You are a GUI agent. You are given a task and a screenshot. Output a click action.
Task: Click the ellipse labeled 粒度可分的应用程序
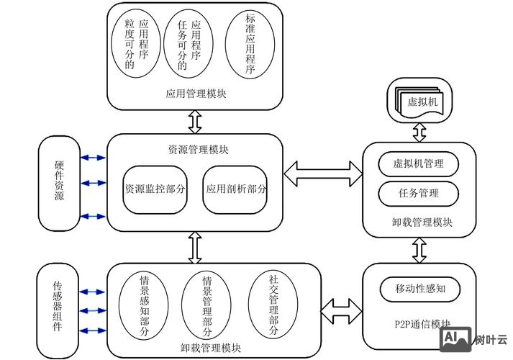point(136,45)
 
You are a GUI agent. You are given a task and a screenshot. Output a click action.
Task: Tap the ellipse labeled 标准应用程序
point(250,45)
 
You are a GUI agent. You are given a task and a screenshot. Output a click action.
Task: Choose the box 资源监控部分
point(155,189)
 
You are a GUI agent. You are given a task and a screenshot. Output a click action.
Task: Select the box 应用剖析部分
point(236,189)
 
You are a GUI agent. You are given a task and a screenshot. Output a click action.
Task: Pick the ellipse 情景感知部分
point(143,306)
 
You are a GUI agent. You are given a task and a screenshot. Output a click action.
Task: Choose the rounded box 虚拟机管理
point(419,163)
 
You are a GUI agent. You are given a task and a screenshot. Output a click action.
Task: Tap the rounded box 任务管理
point(419,193)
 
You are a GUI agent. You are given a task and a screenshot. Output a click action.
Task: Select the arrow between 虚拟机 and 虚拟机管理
point(419,132)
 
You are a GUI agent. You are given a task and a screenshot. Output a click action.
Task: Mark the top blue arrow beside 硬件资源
point(93,158)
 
